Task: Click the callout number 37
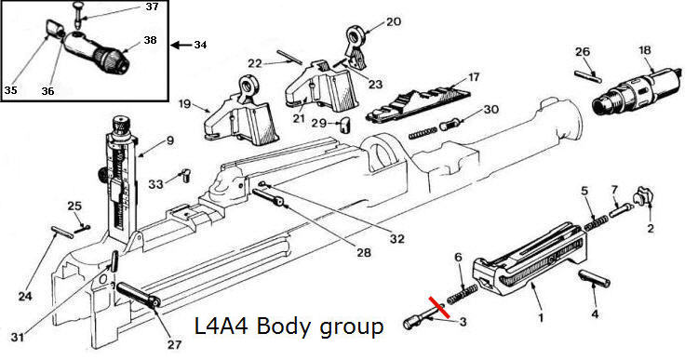(153, 7)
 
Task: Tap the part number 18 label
(645, 50)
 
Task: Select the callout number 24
(25, 296)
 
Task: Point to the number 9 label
(169, 141)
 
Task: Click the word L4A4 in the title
(222, 327)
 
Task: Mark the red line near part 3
(438, 307)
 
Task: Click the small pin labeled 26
(587, 76)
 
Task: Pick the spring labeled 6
(462, 294)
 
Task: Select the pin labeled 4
(595, 278)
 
